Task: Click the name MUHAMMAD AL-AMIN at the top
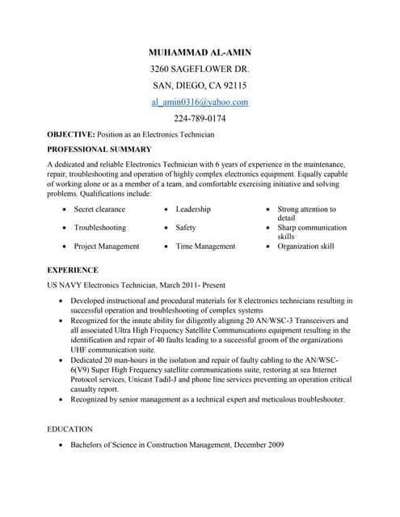coord(200,52)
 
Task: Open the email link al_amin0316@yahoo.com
coord(200,103)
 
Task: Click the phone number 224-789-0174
coord(200,119)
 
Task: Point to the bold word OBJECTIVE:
coord(71,134)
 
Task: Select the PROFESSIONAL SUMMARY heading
coord(99,149)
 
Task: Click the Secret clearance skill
coord(99,209)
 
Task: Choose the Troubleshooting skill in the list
coord(99,228)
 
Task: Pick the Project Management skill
coord(106,246)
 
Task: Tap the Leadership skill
coord(193,209)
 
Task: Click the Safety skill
coord(186,228)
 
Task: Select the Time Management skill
coord(205,246)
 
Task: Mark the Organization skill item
coord(305,246)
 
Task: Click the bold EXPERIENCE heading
coord(73,270)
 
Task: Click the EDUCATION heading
coord(70,429)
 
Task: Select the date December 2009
coord(251,444)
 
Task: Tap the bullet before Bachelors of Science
coord(63,445)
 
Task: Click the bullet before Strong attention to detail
coord(269,210)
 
